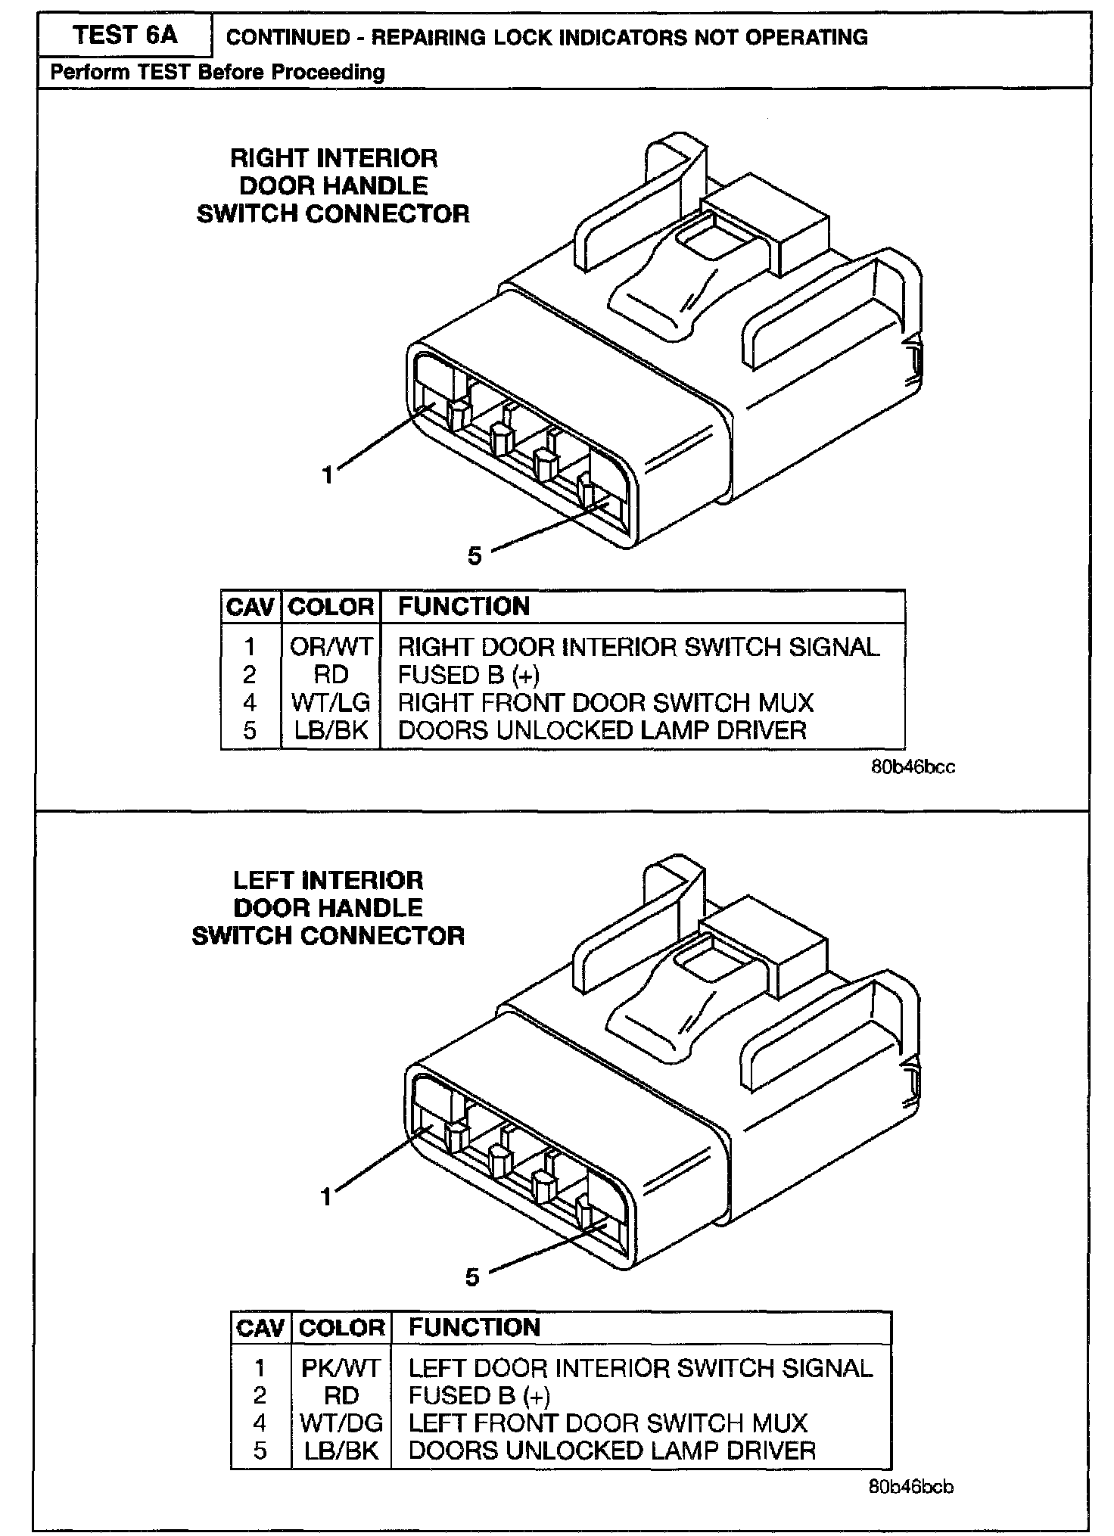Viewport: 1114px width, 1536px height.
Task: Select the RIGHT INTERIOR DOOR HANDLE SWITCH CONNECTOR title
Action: point(333,186)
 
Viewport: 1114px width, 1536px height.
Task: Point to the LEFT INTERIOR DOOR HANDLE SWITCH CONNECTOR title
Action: point(328,908)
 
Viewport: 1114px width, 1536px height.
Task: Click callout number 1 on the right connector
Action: point(327,475)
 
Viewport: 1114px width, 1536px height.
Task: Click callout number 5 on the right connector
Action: point(475,556)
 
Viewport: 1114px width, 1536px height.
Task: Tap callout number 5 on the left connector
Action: point(473,1277)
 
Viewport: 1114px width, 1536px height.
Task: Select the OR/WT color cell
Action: point(331,647)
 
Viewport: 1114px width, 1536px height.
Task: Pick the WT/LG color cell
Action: point(331,703)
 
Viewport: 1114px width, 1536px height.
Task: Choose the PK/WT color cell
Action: point(341,1368)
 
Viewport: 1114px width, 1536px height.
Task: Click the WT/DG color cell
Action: point(341,1423)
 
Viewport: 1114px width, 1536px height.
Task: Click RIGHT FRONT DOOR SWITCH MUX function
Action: point(605,703)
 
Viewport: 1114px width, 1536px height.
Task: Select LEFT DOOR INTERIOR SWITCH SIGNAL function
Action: point(640,1368)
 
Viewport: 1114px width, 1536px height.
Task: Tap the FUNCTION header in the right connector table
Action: point(464,607)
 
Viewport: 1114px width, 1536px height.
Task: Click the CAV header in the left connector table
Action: point(260,1328)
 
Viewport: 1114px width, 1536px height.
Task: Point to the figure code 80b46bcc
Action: point(913,767)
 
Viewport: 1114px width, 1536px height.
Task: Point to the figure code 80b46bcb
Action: point(911,1488)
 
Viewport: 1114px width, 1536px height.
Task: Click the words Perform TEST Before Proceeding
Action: point(217,73)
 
